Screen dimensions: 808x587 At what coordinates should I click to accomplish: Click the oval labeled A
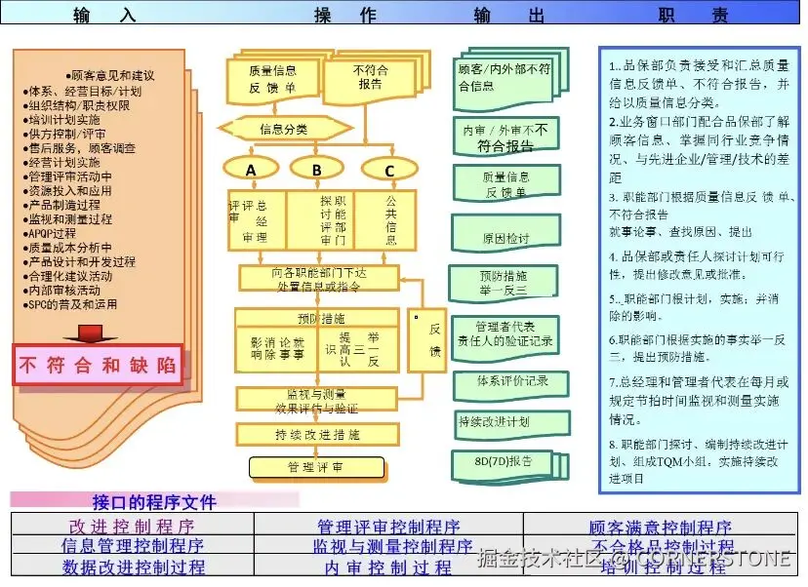click(251, 169)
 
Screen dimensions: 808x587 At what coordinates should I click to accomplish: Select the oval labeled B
click(317, 169)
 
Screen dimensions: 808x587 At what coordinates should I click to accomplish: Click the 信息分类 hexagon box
click(284, 129)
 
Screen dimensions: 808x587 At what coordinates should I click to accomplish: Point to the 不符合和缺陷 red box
click(98, 366)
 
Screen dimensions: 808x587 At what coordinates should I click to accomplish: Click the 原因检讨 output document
click(505, 238)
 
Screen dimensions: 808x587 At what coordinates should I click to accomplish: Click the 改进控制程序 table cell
click(132, 528)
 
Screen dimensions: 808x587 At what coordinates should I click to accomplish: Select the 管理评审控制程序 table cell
click(388, 528)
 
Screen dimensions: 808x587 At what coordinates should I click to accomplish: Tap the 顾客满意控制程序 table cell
click(660, 528)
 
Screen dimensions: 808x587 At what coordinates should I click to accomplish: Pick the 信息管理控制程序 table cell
click(132, 546)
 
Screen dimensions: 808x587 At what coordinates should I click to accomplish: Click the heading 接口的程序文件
click(154, 503)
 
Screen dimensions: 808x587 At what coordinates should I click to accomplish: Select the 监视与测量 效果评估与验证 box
click(315, 401)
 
